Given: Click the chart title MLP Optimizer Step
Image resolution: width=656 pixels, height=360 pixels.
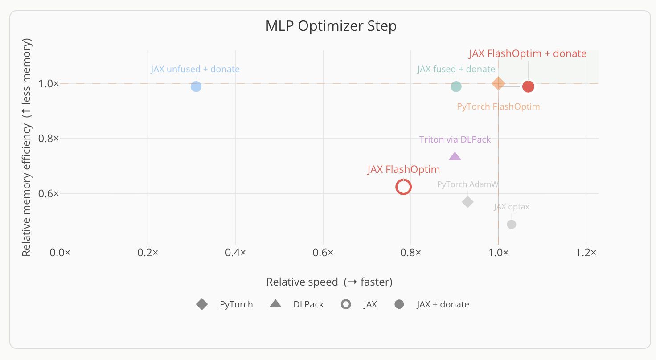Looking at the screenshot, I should coord(331,26).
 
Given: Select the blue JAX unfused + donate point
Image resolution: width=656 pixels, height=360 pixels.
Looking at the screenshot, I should coord(196,86).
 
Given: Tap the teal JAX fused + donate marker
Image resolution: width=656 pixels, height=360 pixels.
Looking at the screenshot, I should coord(456,86).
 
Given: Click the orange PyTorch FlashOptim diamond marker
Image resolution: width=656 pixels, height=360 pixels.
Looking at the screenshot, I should coord(498,83).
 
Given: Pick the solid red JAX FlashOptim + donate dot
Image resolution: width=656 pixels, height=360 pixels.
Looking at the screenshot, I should coord(528,86).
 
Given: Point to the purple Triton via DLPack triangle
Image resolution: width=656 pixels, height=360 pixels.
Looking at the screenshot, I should coord(455,157).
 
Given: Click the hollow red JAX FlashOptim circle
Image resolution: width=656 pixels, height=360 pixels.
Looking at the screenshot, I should coord(403,187).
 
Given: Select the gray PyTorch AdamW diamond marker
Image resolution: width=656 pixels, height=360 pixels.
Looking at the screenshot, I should coord(467,202).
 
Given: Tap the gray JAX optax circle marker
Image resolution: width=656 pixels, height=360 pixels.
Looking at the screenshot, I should coord(512,224).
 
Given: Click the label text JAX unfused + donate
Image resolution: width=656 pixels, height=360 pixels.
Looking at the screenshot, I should coord(195,69).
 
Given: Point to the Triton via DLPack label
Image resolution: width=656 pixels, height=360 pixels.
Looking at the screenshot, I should coord(455,139).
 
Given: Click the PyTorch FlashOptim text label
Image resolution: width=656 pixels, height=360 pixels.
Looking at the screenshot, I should coord(498,107).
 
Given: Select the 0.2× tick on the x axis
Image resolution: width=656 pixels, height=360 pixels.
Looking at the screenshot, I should coord(148,253).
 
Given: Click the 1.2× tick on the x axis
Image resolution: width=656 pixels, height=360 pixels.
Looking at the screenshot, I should coord(586,253).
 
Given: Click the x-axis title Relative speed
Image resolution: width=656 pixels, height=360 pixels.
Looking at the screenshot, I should coord(329,282).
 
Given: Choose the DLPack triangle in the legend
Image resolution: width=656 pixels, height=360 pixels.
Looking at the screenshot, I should coord(275,304).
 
